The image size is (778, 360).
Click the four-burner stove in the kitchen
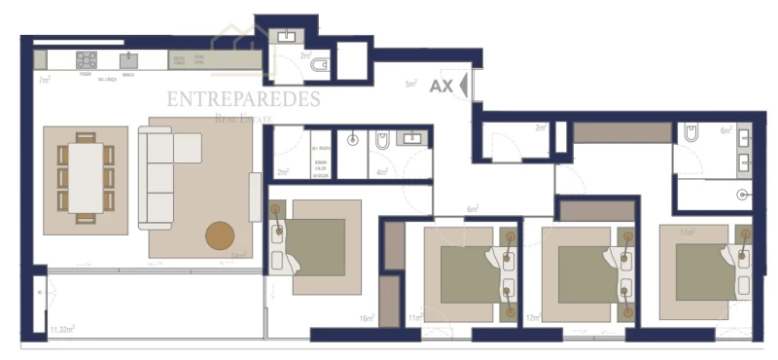coord(86,59)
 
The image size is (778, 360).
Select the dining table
coord(86,178)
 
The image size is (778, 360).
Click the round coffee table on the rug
coord(220,235)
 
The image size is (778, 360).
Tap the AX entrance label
coord(441,86)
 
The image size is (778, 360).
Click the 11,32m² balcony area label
coord(63,329)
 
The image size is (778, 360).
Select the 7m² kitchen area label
coord(44,80)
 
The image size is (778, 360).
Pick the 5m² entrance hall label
coord(410,85)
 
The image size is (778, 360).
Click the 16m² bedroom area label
coord(367,318)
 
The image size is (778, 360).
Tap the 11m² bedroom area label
coord(415,318)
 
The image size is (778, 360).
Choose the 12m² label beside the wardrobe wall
coord(532,318)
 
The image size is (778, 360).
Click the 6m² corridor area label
coord(473,209)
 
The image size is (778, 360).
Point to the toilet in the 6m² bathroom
coord(691,132)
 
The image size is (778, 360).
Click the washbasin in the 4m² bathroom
coord(414,138)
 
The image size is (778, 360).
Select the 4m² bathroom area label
coord(382,172)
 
